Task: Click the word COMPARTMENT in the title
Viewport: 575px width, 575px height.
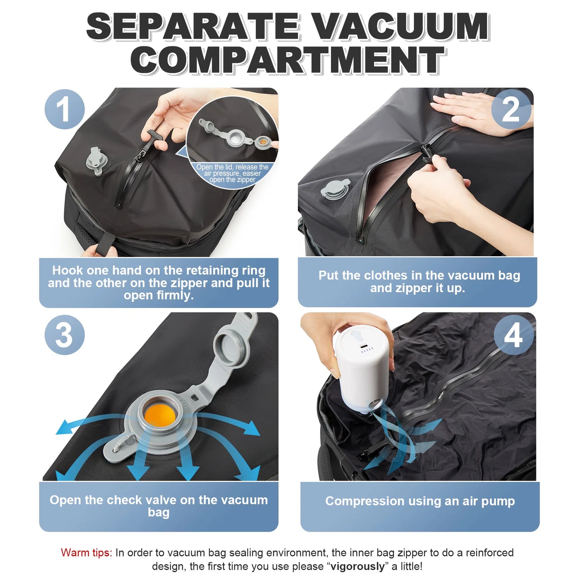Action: [287, 60]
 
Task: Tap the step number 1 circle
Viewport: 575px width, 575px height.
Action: [64, 109]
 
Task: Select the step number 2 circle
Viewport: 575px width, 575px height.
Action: [511, 109]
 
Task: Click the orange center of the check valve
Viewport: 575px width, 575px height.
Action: [160, 415]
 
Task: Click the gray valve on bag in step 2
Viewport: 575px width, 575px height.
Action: [335, 189]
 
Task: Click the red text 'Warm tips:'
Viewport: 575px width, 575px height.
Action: [86, 553]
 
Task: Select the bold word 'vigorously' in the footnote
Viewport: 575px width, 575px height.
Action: [357, 566]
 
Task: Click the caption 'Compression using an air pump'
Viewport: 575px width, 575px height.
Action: [420, 501]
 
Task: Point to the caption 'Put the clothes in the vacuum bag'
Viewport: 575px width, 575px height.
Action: [419, 275]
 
